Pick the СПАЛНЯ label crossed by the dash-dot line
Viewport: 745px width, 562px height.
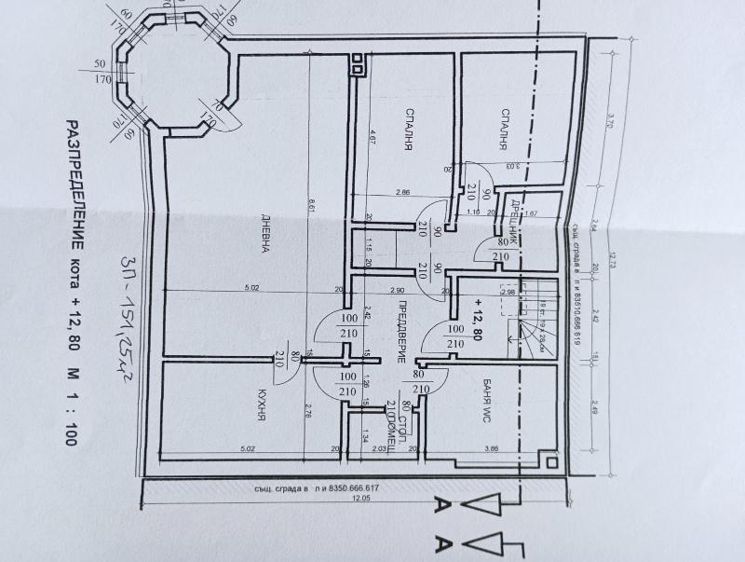point(501,129)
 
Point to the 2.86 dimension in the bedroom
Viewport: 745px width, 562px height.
point(402,191)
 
